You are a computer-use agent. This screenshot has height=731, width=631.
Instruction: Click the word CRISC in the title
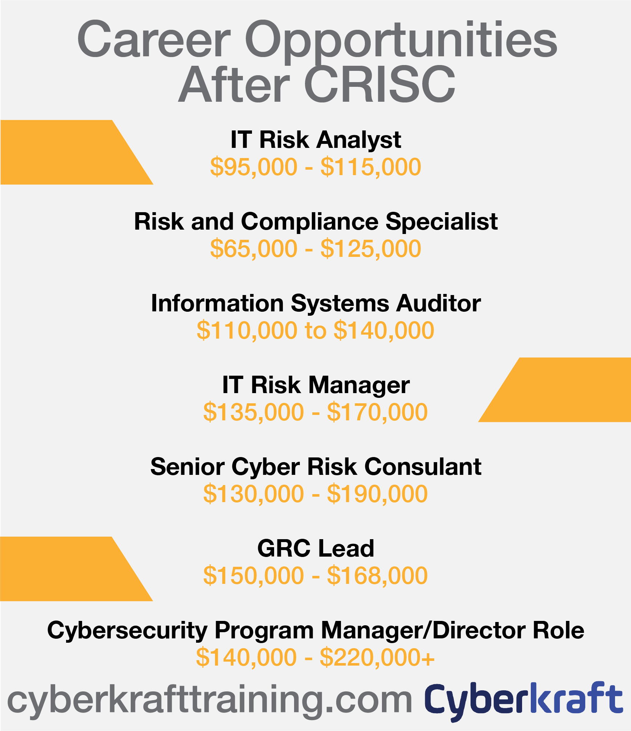pos(380,84)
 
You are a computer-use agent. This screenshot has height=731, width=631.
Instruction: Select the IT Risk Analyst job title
pos(315,140)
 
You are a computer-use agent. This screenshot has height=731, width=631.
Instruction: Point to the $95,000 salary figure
pos(254,167)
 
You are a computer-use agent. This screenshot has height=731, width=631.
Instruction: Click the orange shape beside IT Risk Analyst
pos(69,152)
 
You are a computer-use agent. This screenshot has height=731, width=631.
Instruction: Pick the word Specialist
pos(441,221)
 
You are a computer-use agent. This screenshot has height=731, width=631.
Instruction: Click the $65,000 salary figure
pos(254,249)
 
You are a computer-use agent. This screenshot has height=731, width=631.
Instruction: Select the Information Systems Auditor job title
pos(316,303)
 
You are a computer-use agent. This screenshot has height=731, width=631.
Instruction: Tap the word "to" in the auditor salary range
pos(315,331)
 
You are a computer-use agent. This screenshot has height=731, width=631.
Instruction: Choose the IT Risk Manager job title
pos(316,385)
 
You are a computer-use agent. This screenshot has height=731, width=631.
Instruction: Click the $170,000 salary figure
pos(377,412)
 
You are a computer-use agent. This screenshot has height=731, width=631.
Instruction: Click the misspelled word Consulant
pos(423,467)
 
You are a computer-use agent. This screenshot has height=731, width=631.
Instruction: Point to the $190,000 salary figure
pos(377,494)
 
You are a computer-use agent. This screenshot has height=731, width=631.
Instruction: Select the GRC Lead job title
pos(315,548)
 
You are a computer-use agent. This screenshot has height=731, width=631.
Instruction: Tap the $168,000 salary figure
pos(377,576)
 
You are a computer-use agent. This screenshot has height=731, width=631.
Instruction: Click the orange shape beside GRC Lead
pos(69,569)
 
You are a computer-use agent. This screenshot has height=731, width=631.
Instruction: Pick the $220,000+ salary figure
pos(377,658)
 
